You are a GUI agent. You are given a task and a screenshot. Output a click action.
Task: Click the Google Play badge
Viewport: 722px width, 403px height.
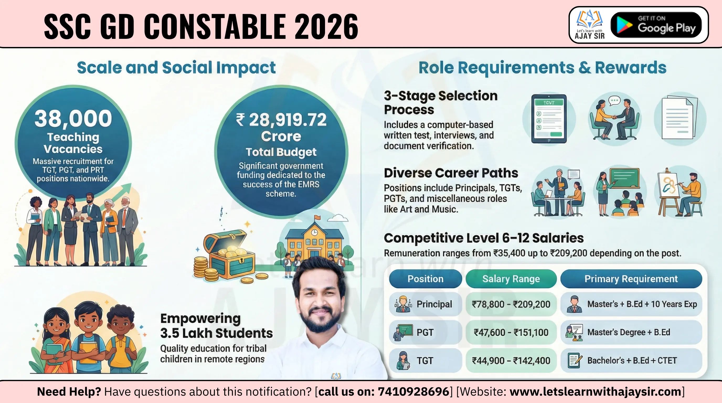pos(656,25)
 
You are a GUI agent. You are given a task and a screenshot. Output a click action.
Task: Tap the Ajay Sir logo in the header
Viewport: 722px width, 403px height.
pos(590,25)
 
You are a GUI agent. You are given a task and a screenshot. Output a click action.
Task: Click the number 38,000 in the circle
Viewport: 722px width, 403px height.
pos(73,119)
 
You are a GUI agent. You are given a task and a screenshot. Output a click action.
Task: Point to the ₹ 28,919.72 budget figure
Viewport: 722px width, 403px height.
pos(281,120)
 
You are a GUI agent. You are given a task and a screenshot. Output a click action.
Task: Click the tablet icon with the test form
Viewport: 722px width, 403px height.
pos(549,119)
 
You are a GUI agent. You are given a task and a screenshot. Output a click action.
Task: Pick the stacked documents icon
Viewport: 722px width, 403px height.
pos(680,118)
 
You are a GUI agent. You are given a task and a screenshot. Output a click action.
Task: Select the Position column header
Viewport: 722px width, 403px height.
pos(426,279)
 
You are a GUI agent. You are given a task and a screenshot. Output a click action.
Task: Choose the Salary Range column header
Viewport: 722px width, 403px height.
pos(511,279)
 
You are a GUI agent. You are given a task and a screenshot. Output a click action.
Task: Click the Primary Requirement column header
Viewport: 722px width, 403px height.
pos(631,279)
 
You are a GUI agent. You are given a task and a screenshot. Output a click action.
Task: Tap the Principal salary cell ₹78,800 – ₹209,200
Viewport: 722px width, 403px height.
pos(511,304)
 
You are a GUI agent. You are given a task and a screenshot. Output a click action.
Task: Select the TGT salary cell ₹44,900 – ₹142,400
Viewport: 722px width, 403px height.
pos(511,360)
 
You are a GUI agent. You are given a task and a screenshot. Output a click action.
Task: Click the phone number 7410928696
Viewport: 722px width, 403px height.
pos(413,392)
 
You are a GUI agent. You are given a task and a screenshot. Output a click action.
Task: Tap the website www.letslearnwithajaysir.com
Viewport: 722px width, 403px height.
pos(595,392)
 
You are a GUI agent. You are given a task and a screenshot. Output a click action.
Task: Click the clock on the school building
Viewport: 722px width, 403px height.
pos(315,232)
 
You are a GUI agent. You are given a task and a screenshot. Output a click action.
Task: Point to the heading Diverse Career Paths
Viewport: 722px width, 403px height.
pos(451,173)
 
